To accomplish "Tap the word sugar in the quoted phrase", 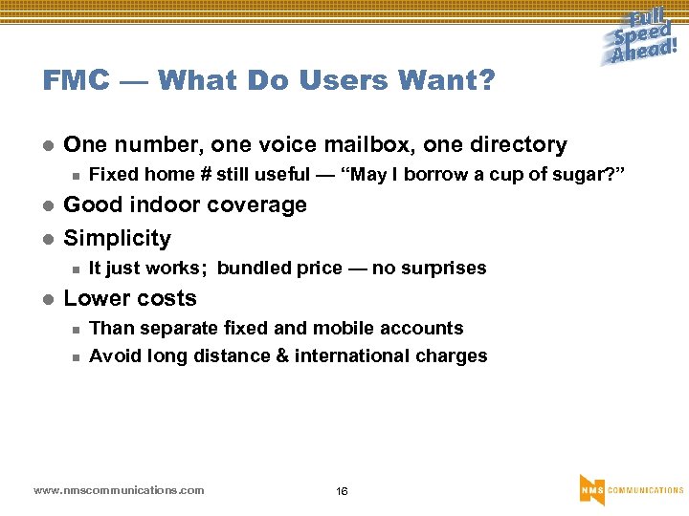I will pyautogui.click(x=589, y=175).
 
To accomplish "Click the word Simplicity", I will pyautogui.click(x=117, y=238).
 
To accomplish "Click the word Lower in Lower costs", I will pyautogui.click(x=92, y=298).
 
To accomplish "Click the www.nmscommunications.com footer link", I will pyautogui.click(x=119, y=490).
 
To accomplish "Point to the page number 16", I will pyautogui.click(x=342, y=491).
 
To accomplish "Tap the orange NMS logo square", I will pyautogui.click(x=591, y=489).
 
